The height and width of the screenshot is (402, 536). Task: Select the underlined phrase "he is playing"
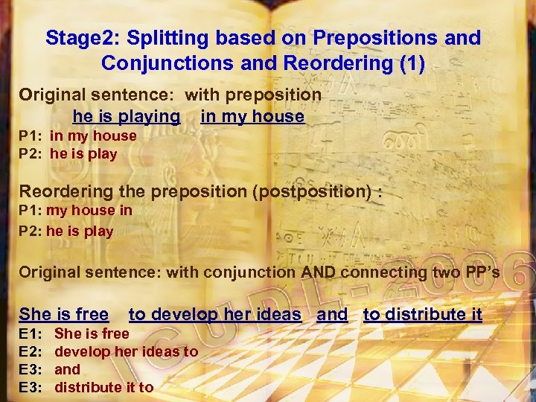[126, 116]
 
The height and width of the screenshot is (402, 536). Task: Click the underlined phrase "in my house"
[252, 116]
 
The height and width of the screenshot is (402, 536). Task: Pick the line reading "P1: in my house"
[77, 135]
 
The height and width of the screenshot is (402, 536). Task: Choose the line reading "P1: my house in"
[75, 210]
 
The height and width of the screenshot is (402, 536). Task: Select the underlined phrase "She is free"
[63, 314]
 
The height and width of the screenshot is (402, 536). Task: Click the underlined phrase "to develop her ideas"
[215, 314]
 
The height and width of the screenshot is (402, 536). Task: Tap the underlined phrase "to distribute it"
[422, 314]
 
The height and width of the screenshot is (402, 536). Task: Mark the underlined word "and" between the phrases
[332, 314]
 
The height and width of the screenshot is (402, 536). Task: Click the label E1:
[30, 334]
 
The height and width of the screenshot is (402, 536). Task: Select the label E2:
[30, 351]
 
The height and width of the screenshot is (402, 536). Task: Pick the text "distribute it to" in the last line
[103, 387]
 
